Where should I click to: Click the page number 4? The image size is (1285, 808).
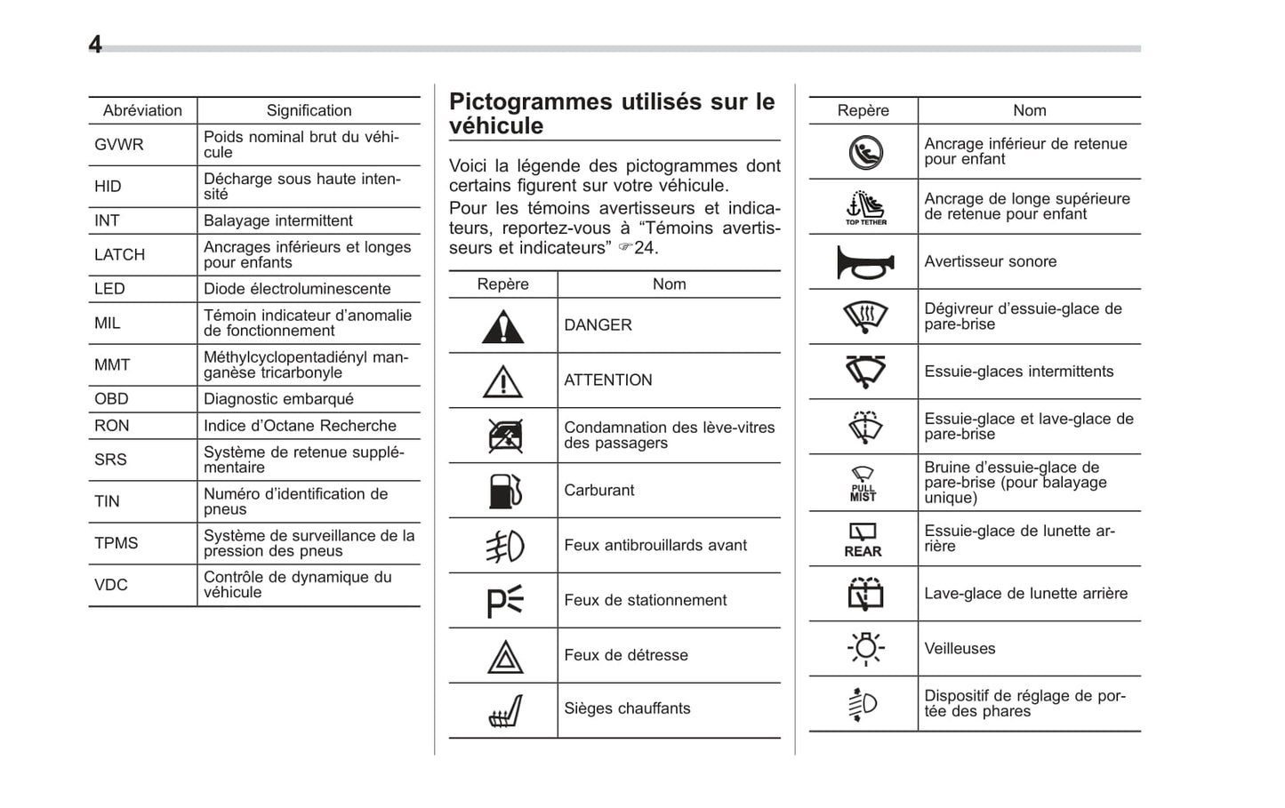coord(95,44)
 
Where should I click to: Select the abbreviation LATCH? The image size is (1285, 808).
coord(119,255)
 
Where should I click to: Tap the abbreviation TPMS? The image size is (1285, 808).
coord(116,543)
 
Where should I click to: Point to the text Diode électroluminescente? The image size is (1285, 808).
coord(297,289)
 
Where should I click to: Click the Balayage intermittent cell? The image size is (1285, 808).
coord(278,220)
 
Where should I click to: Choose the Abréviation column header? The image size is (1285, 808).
coord(142,110)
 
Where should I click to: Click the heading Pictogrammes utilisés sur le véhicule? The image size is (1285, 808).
coord(612,114)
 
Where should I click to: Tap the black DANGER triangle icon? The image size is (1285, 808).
coord(503,327)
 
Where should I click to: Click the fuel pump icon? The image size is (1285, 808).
coord(504,491)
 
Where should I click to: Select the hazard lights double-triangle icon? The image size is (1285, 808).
coord(504,658)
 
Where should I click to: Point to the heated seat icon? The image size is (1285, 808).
coord(504,711)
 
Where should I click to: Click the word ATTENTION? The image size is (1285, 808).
coord(608,380)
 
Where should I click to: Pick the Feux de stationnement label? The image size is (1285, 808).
coord(646,601)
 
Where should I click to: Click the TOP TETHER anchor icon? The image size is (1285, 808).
coord(865,208)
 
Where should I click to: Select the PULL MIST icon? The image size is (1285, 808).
coord(863,484)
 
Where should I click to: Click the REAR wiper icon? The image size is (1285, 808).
coord(863,540)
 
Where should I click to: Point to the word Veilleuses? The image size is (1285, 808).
coord(960,649)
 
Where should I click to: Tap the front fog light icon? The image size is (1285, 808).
coord(504,547)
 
